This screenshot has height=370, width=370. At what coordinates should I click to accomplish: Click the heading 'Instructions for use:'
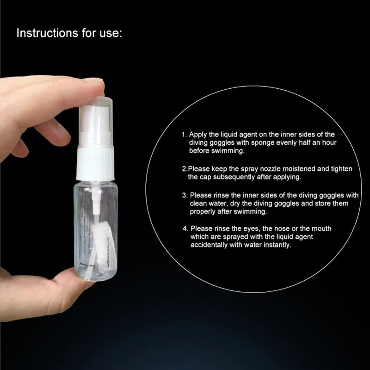click(69, 34)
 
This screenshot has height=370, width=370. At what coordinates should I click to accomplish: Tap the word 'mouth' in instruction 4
click(321, 228)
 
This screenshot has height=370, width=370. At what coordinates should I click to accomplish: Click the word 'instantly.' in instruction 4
click(277, 245)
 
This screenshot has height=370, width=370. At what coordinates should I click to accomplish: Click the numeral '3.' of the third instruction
click(185, 195)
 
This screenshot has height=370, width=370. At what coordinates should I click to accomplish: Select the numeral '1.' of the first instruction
click(184, 134)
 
